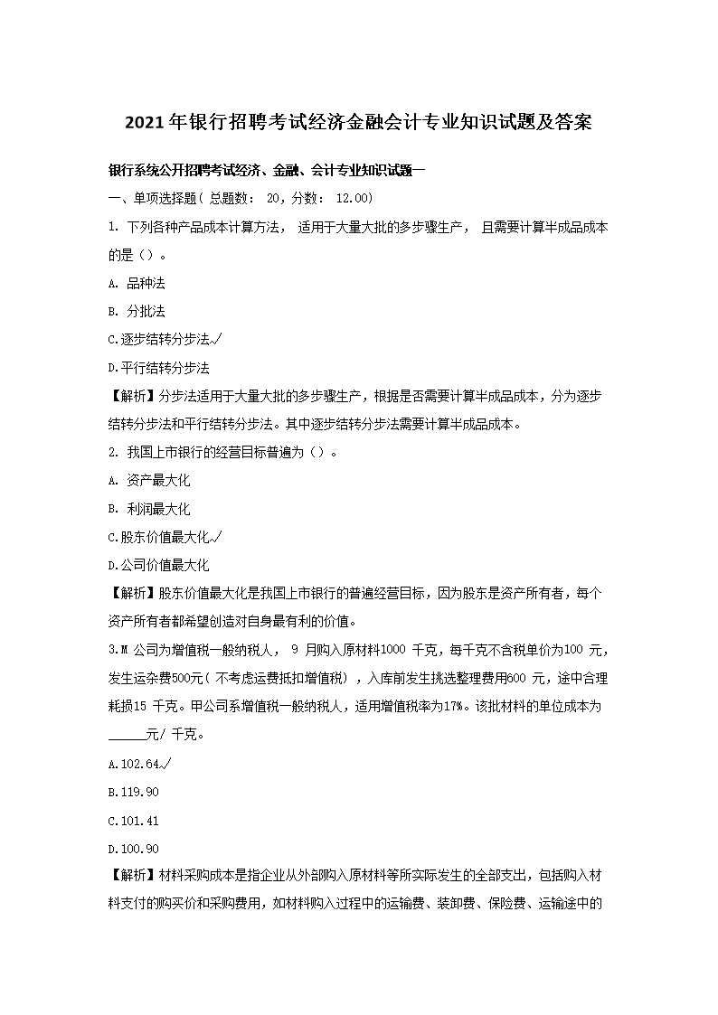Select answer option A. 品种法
point(136,283)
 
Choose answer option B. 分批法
point(136,311)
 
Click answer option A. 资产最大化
point(148,480)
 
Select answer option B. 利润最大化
point(148,509)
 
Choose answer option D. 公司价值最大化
point(158,565)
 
